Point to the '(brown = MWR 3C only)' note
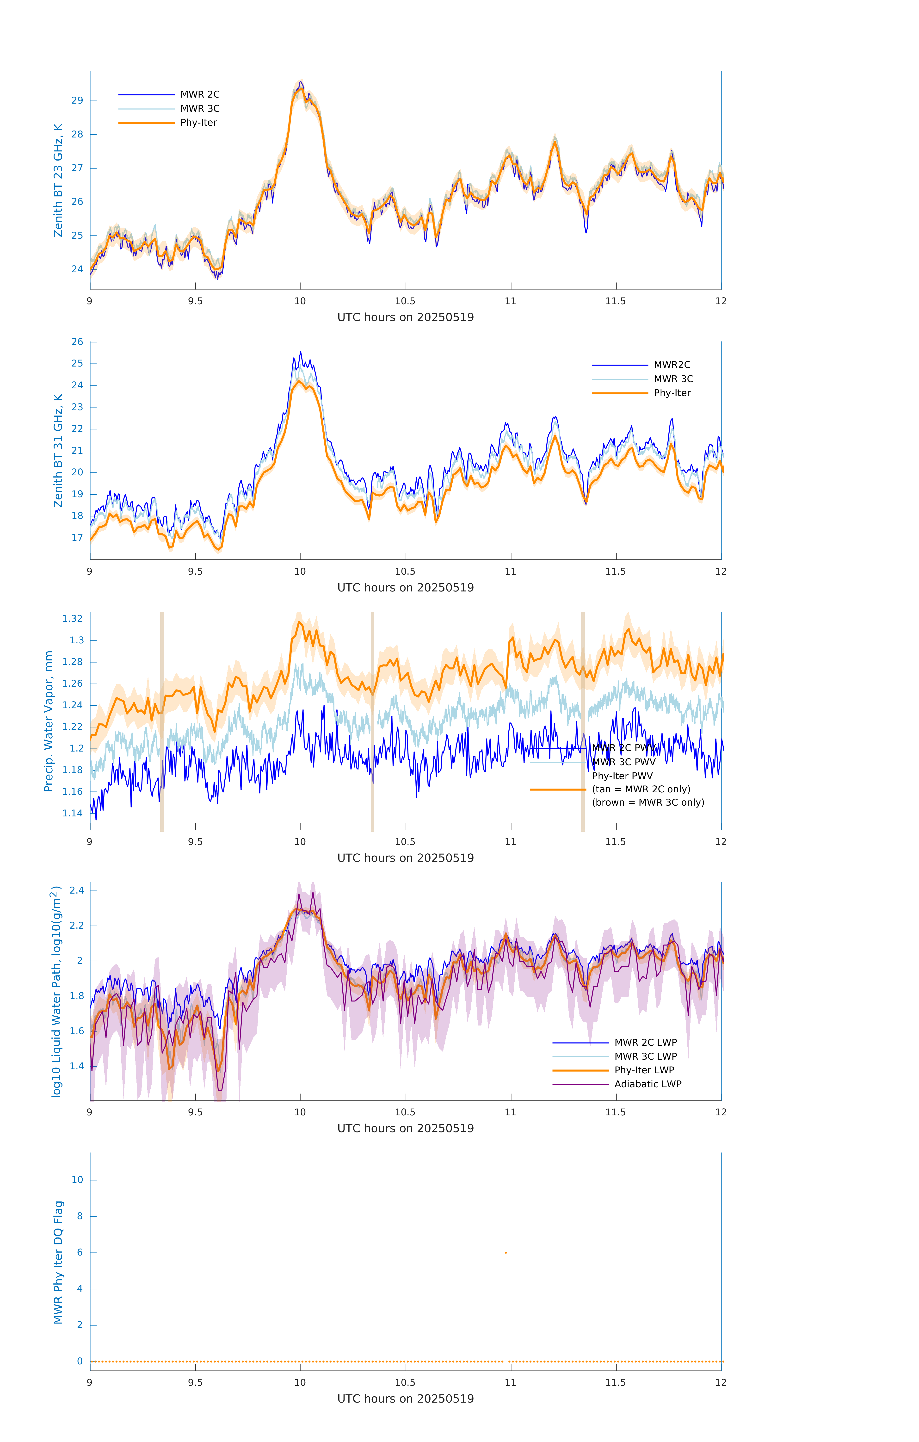coord(648,802)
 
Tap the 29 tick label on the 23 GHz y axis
coord(77,101)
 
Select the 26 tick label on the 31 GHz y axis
coord(77,342)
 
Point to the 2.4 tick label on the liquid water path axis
coord(77,890)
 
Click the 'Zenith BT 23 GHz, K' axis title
coord(58,180)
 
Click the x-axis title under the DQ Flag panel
coord(405,1399)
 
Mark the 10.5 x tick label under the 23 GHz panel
coord(405,301)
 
